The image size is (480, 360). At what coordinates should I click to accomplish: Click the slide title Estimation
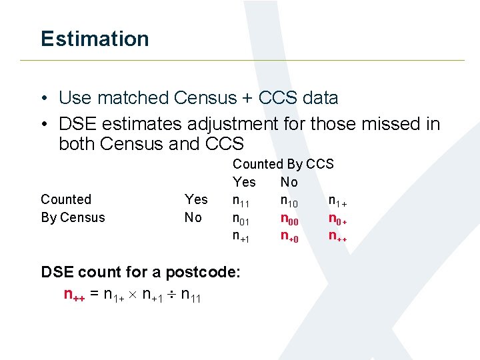click(x=95, y=39)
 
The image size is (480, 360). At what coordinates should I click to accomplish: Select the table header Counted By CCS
click(x=283, y=164)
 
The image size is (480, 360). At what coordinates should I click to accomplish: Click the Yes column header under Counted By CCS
click(x=244, y=182)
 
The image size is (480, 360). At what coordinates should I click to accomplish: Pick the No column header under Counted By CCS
click(x=289, y=182)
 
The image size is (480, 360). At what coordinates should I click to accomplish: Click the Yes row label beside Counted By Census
click(x=196, y=199)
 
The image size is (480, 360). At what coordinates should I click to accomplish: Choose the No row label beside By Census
click(x=193, y=217)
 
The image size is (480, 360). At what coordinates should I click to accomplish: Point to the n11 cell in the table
click(x=241, y=200)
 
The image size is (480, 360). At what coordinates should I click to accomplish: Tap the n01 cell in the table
click(x=241, y=218)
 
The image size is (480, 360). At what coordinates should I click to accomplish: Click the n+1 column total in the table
click(x=241, y=236)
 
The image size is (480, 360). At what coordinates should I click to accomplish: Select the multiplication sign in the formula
click(x=133, y=295)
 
